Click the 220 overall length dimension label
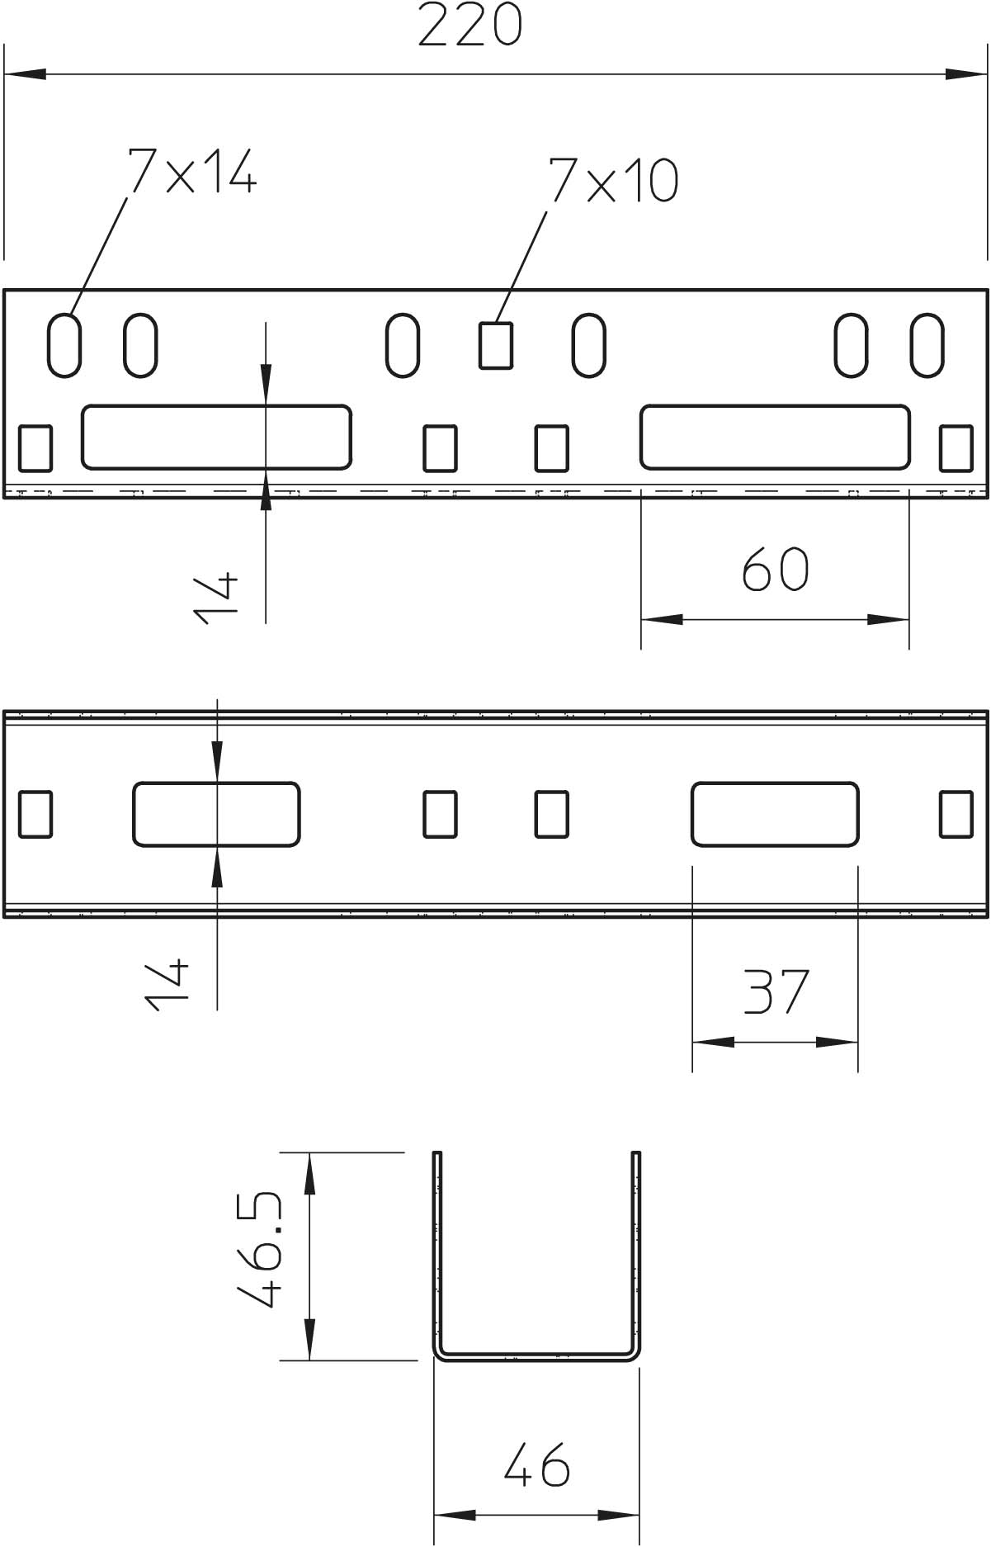[x=470, y=25]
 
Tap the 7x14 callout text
[x=191, y=172]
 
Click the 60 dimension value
[x=775, y=568]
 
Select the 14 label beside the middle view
[x=167, y=984]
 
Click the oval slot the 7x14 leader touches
[x=64, y=345]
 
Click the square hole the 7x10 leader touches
[x=496, y=345]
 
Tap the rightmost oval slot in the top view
[x=927, y=345]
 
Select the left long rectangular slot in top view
[x=216, y=437]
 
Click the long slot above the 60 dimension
[x=775, y=437]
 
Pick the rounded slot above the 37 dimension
[x=775, y=814]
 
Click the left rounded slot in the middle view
[x=216, y=814]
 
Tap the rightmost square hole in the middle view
[x=956, y=814]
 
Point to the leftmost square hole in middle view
[x=35, y=814]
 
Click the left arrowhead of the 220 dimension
[x=26, y=74]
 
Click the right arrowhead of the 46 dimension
[x=619, y=1515]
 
